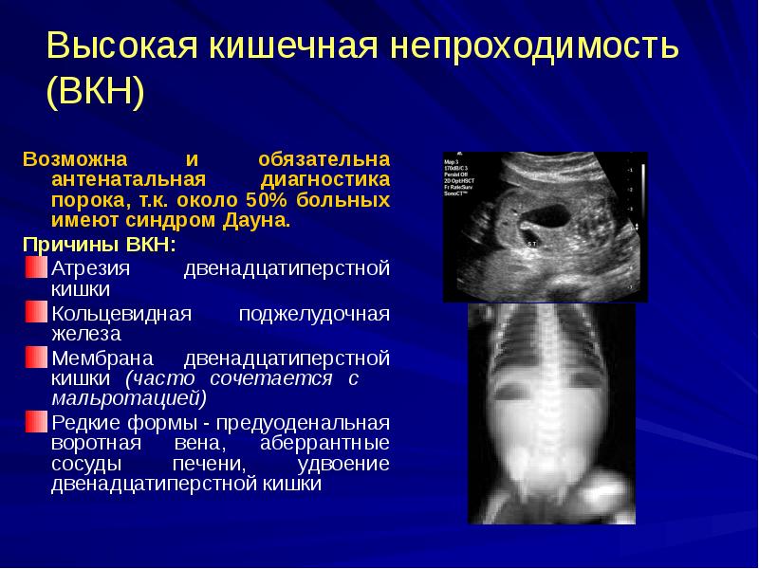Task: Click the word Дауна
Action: pos(262,221)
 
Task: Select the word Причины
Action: pos(67,245)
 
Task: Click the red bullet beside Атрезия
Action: pos(35,268)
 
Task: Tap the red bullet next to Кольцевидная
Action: pos(35,313)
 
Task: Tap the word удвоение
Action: pos(343,464)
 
